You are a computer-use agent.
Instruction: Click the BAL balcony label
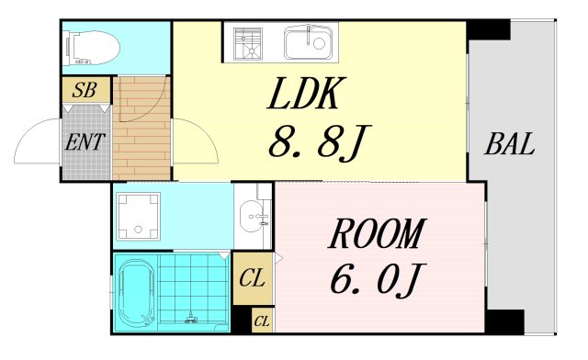pyautogui.click(x=511, y=144)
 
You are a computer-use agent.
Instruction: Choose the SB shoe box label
pyautogui.click(x=85, y=90)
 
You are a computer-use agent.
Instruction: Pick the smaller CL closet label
pyautogui.click(x=262, y=321)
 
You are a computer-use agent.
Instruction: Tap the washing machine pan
pyautogui.click(x=138, y=215)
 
